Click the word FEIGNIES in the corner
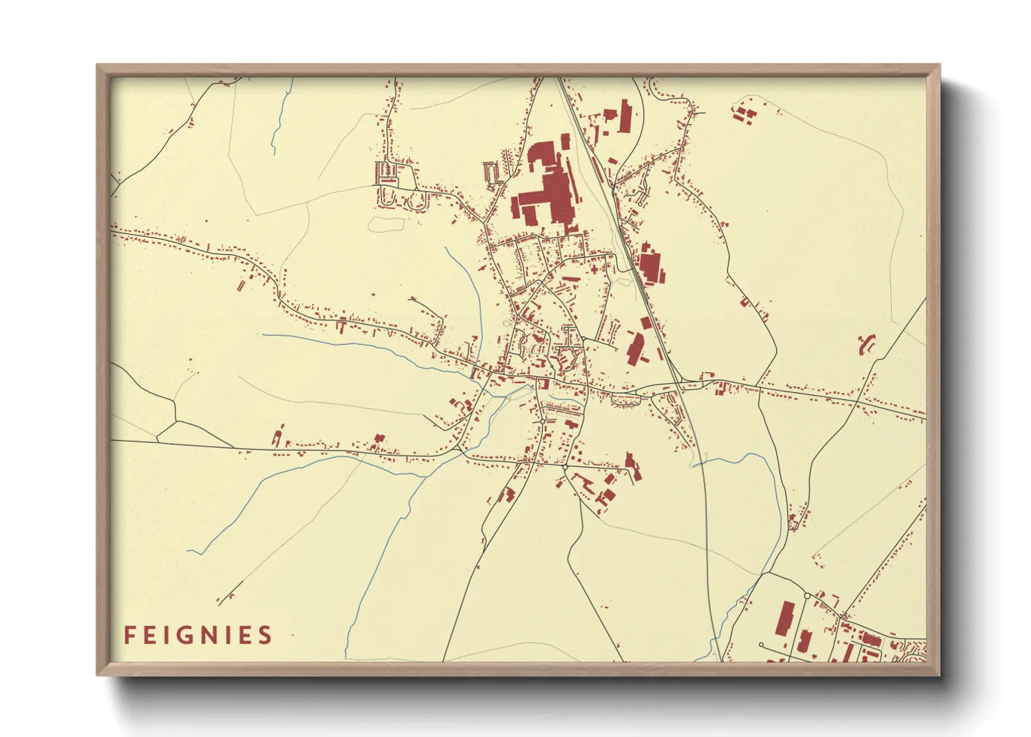(x=198, y=635)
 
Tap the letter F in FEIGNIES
(x=129, y=635)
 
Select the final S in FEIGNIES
(x=265, y=635)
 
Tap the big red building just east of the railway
(x=650, y=265)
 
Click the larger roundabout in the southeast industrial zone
(x=807, y=596)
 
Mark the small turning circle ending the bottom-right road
(x=761, y=645)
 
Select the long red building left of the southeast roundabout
(x=784, y=619)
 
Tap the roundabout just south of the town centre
(x=543, y=421)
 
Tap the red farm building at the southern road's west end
(x=277, y=437)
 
